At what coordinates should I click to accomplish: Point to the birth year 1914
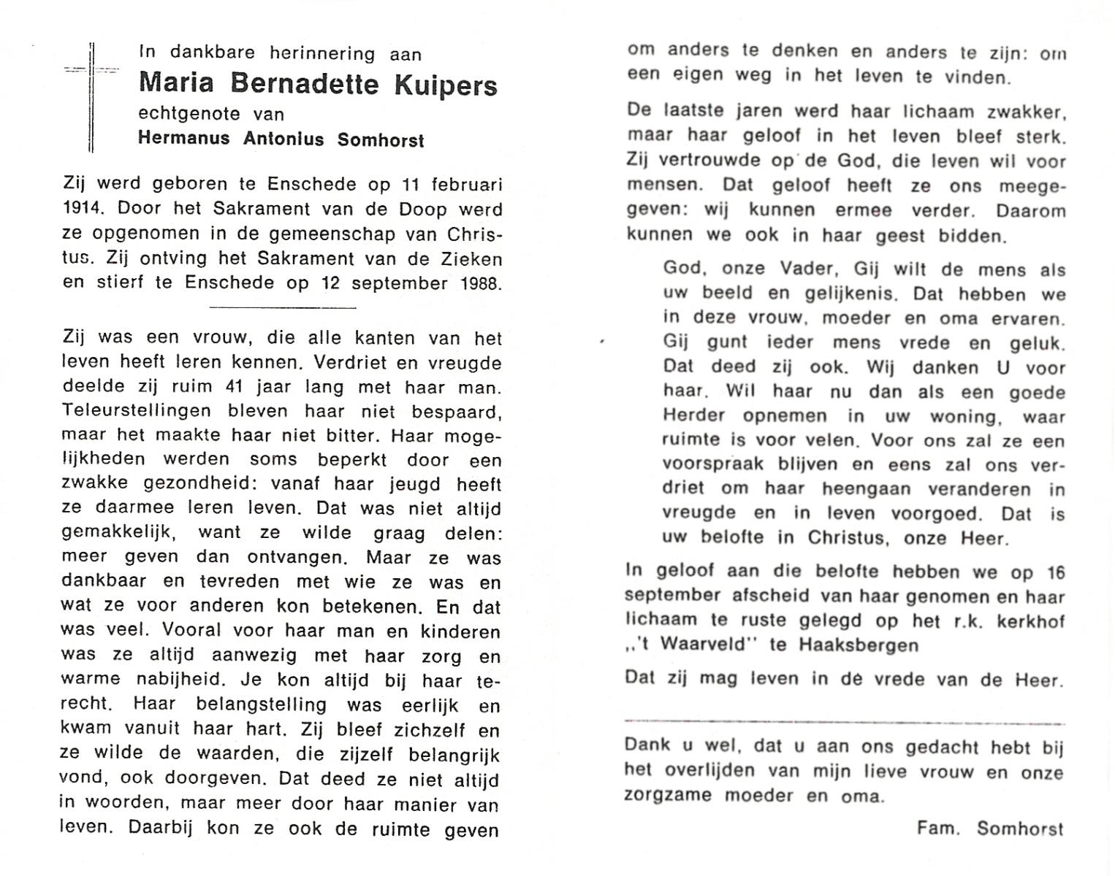tap(80, 210)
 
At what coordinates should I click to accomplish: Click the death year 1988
tap(481, 283)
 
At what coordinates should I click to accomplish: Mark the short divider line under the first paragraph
tap(282, 307)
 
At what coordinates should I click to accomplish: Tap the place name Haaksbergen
tap(859, 645)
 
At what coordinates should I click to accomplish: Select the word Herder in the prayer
tap(693, 416)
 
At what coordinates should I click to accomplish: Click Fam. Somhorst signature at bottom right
tap(990, 829)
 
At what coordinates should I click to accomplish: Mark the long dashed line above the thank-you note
tap(844, 723)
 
